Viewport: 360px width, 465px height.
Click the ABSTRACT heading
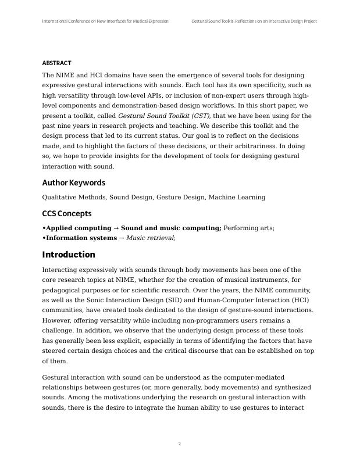(x=56, y=63)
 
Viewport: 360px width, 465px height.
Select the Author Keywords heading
(x=73, y=183)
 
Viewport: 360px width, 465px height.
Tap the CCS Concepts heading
(x=66, y=213)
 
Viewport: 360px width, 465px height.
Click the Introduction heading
(x=69, y=255)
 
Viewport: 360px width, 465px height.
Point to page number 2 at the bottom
(x=180, y=444)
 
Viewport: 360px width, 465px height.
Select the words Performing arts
(x=248, y=228)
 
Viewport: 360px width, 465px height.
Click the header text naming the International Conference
(x=105, y=21)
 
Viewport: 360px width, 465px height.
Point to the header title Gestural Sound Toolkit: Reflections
(x=254, y=21)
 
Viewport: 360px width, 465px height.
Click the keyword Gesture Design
(x=181, y=198)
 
